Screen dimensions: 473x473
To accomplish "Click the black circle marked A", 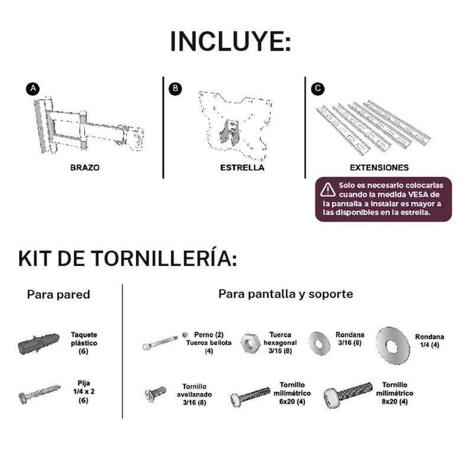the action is pyautogui.click(x=33, y=89).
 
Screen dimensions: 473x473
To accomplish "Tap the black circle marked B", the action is pyautogui.click(x=175, y=89).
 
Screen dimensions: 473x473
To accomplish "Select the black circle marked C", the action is pyautogui.click(x=318, y=89).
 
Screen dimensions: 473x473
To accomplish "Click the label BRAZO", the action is pyautogui.click(x=85, y=168).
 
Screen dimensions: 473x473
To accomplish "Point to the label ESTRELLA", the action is pyautogui.click(x=242, y=168).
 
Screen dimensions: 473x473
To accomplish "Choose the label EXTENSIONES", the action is pyautogui.click(x=379, y=168).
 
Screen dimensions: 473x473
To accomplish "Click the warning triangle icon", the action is pyautogui.click(x=328, y=190).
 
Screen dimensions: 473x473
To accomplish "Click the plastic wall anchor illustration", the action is pyautogui.click(x=38, y=344).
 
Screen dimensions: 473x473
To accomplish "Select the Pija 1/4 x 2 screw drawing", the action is pyautogui.click(x=40, y=393).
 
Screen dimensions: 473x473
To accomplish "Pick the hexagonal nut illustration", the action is pyautogui.click(x=250, y=343).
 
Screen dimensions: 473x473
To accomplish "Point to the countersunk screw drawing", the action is pyautogui.click(x=155, y=394).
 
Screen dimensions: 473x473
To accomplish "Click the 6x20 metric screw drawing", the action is pyautogui.click(x=250, y=396).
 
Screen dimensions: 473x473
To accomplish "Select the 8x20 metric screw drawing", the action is pyautogui.click(x=348, y=394).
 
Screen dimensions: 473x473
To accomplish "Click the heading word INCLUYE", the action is pyautogui.click(x=231, y=41).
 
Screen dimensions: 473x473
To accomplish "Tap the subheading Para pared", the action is pyautogui.click(x=59, y=294).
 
